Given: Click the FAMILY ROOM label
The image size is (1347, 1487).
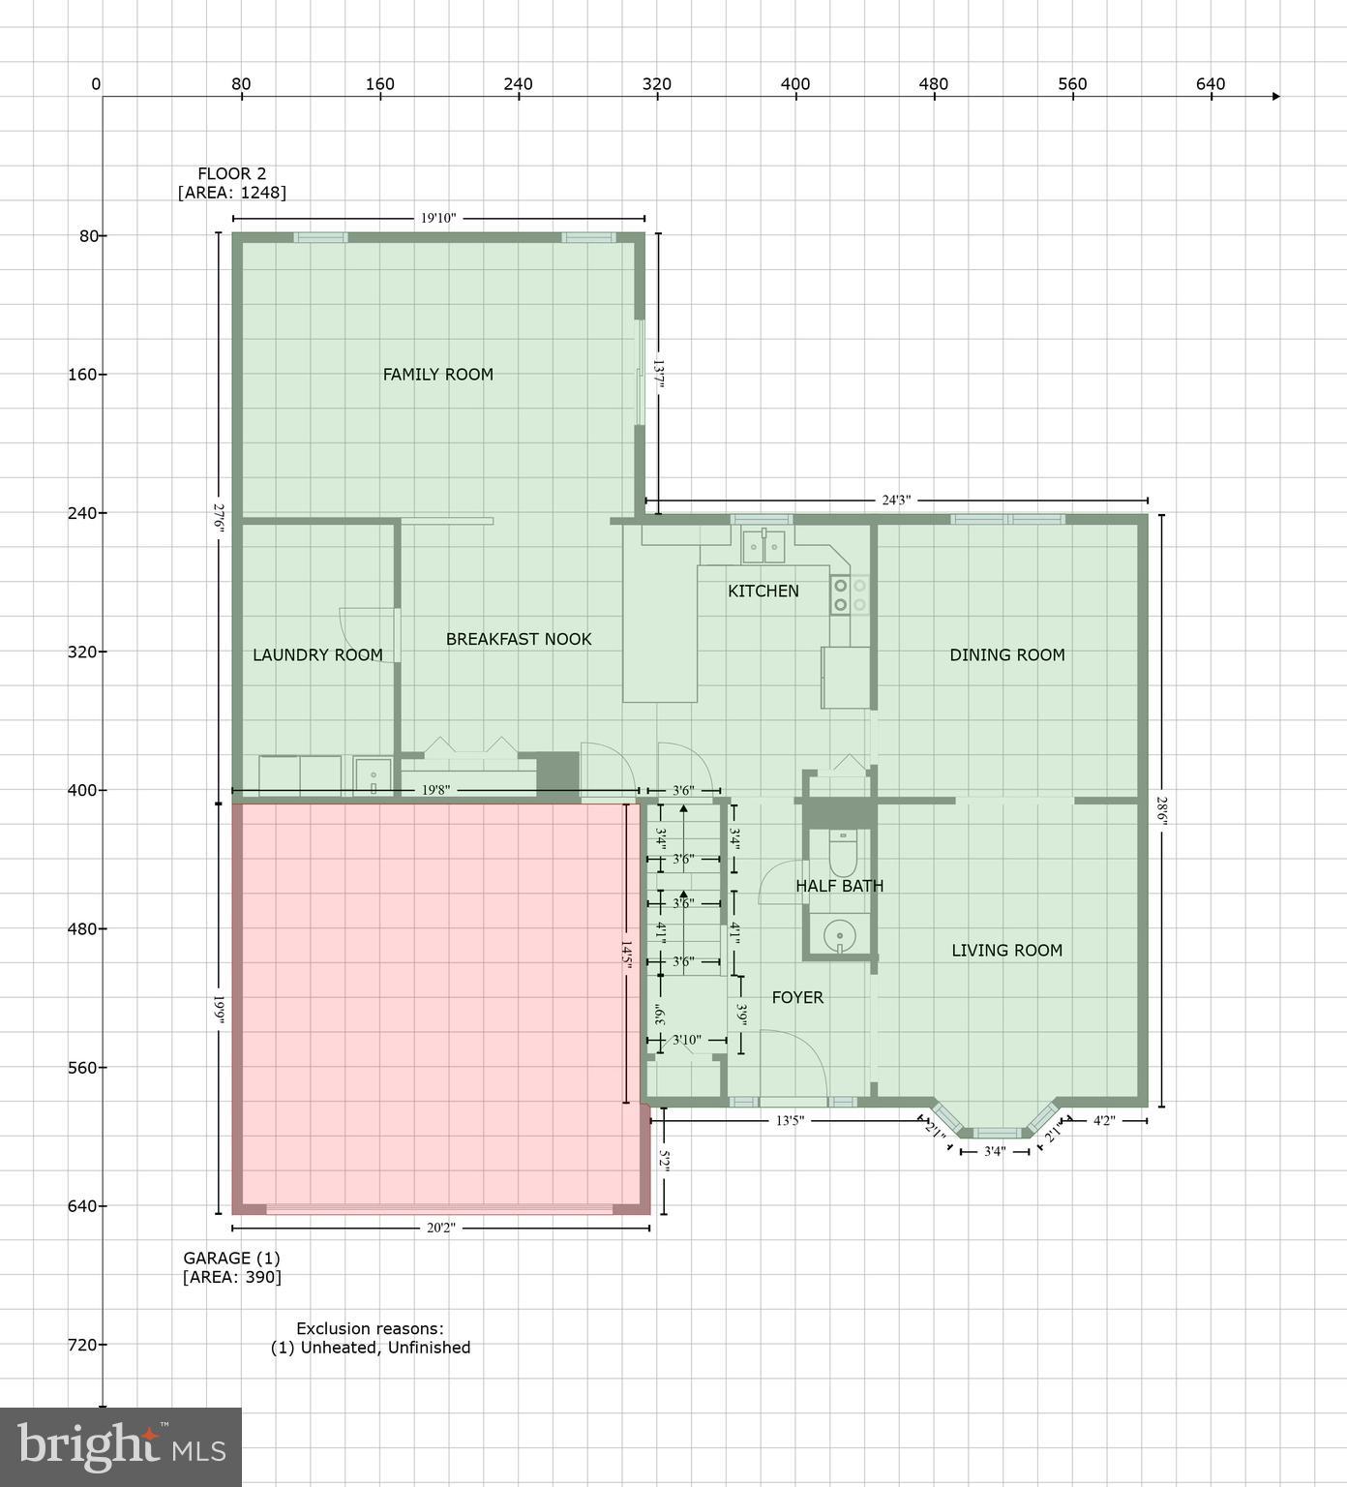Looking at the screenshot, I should click(437, 375).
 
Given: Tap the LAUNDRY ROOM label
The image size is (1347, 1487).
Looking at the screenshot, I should click(317, 655).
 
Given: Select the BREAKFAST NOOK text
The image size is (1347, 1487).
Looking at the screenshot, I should click(518, 639).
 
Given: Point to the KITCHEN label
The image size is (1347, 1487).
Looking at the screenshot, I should click(763, 592).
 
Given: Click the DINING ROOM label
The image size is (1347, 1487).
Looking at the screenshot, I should click(1006, 655).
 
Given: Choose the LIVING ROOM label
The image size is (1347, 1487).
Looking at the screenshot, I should click(1006, 951).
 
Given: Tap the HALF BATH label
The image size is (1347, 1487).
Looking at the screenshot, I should click(839, 886).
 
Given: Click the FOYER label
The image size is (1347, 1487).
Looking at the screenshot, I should click(797, 997).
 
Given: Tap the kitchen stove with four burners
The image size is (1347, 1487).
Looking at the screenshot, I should click(850, 595).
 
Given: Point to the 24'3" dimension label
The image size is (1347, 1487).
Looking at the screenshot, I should click(896, 501).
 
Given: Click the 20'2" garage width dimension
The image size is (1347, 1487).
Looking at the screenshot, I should click(440, 1229).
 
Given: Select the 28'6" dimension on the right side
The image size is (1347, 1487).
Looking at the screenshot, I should click(1162, 809).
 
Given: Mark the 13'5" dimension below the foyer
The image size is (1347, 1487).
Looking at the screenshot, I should click(790, 1121).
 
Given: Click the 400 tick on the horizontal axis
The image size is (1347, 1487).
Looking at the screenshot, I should click(794, 84).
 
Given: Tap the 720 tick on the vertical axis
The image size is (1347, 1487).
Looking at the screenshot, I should click(81, 1345).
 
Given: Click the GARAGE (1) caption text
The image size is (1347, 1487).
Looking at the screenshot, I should click(231, 1259).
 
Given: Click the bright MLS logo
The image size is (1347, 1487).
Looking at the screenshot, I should click(121, 1447).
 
